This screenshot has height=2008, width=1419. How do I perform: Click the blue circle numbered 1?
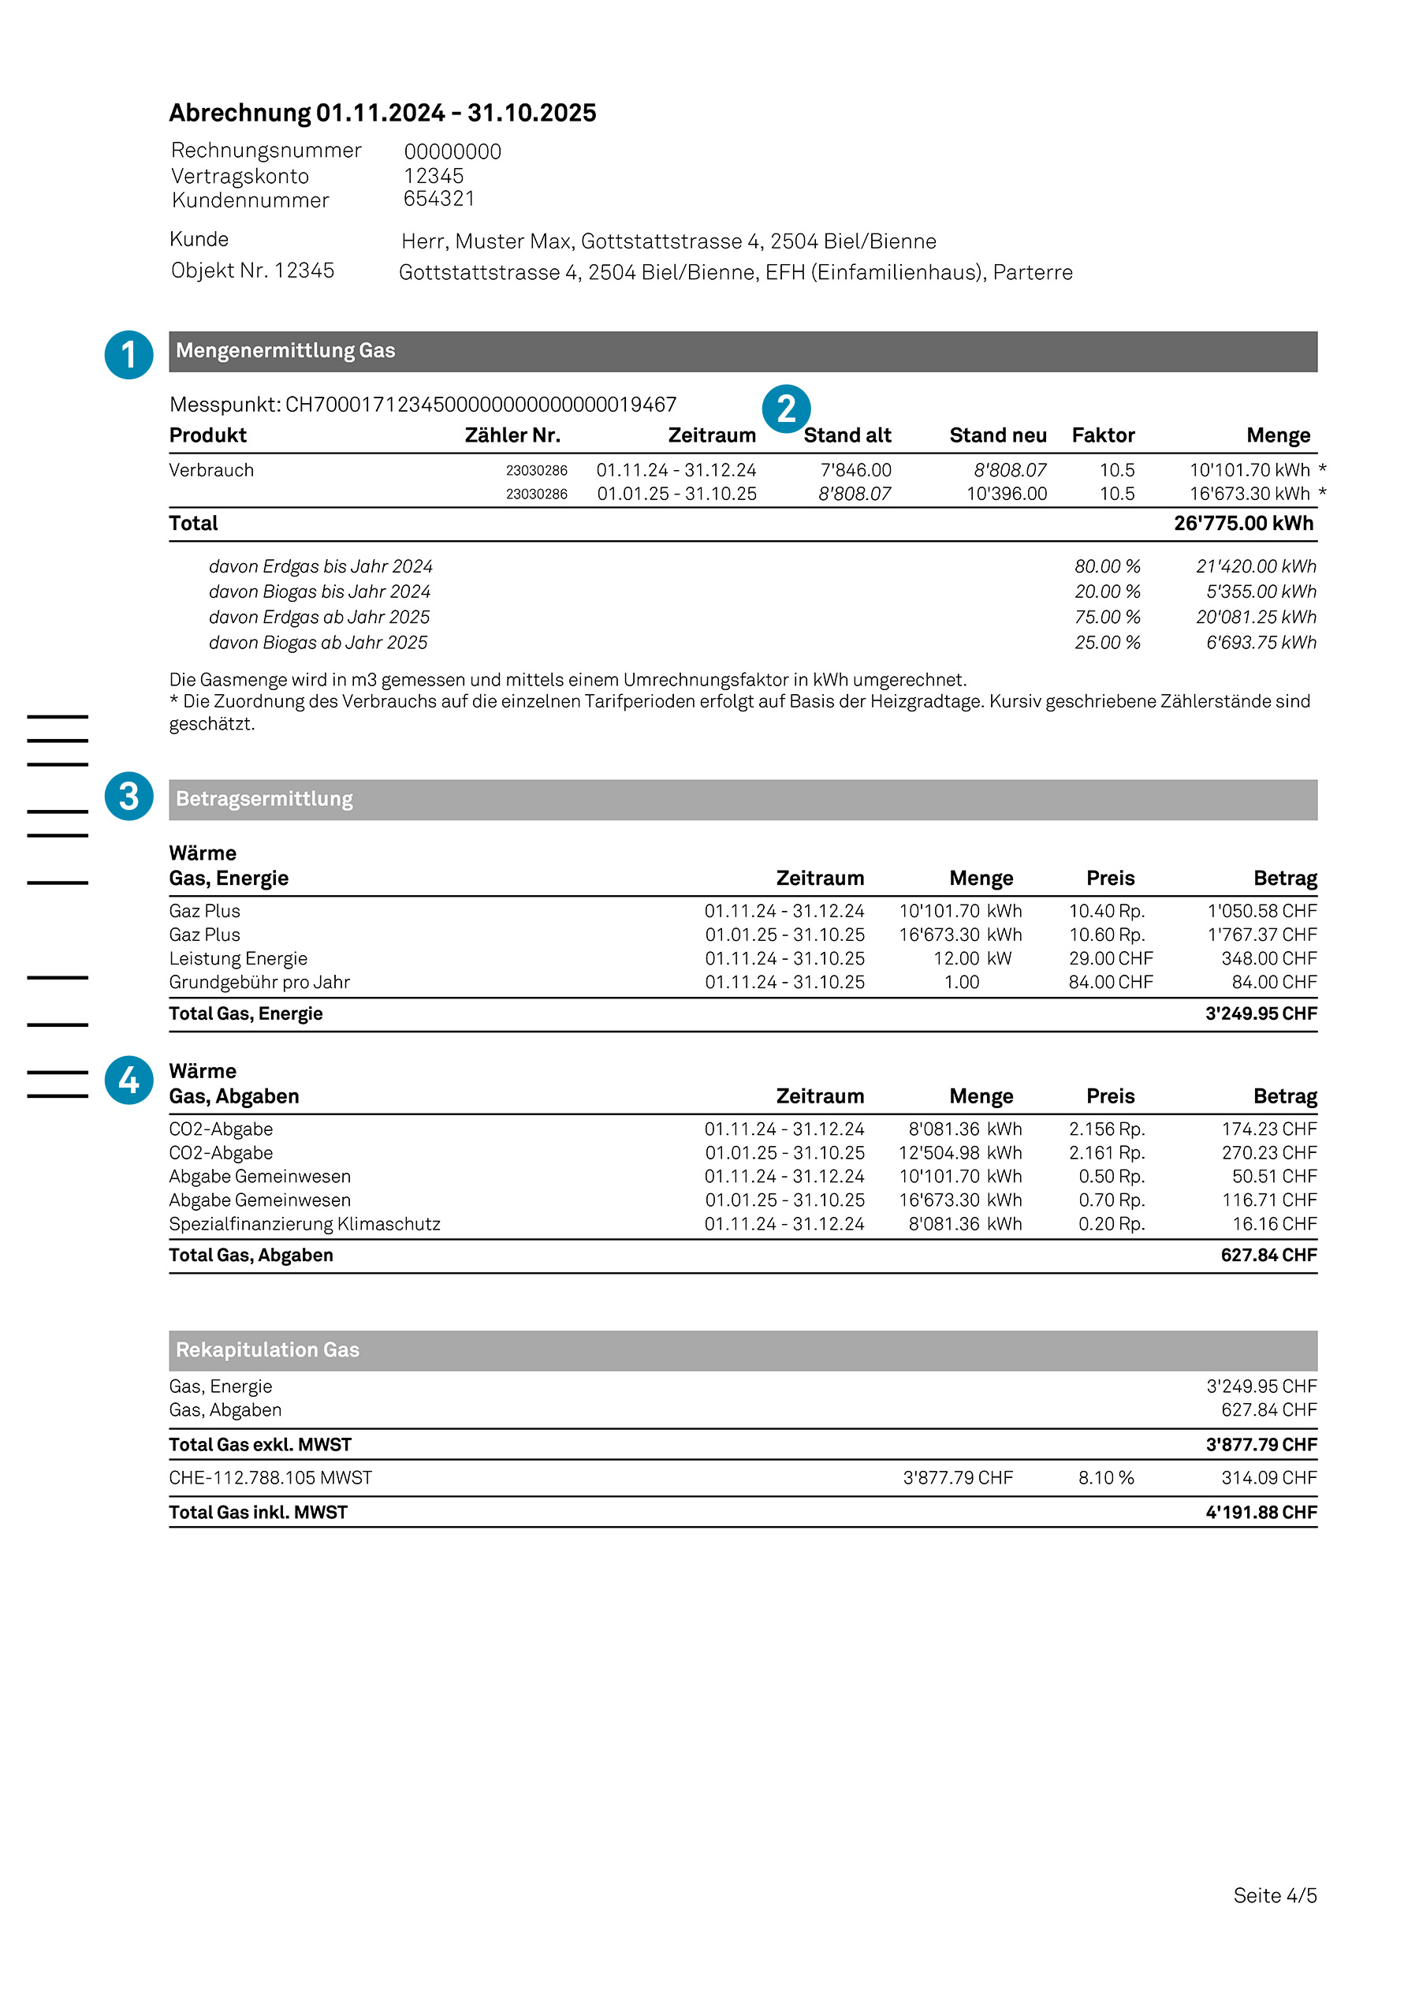click(128, 354)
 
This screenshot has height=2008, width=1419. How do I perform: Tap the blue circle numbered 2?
click(786, 409)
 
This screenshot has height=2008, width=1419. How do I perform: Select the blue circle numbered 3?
click(128, 796)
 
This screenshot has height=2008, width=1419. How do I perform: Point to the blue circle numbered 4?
click(128, 1080)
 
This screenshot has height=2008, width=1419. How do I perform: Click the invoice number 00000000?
click(452, 152)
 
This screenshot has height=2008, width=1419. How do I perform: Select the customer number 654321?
click(438, 200)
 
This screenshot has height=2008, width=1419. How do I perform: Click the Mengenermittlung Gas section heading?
click(285, 351)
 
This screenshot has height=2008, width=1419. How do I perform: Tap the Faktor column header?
click(1103, 435)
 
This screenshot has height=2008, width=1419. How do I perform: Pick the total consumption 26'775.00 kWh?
click(1242, 524)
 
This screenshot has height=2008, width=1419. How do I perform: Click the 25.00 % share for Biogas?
click(1107, 643)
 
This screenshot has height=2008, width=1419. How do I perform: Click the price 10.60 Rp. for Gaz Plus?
click(1106, 935)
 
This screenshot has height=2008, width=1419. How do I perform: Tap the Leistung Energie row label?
click(238, 958)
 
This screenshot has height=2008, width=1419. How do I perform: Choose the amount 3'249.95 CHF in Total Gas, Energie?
click(1260, 1013)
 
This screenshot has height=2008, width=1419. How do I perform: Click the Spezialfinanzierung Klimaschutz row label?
click(304, 1224)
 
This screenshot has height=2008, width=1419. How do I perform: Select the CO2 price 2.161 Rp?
click(1106, 1153)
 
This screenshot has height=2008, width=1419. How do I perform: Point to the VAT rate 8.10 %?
click(1105, 1478)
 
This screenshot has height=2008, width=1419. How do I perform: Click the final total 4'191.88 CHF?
click(1260, 1513)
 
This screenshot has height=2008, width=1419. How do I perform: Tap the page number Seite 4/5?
click(1274, 1895)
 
